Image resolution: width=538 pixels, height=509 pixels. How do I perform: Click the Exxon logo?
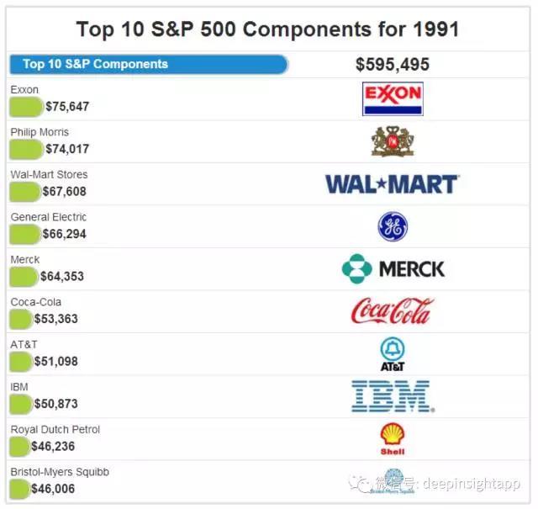point(392,98)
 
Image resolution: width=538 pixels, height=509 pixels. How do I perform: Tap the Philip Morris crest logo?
point(392,141)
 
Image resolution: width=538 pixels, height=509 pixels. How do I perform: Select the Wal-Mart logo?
point(392,183)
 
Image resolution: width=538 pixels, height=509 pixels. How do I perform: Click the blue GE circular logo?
point(393,226)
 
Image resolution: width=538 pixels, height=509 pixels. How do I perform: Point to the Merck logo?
point(393,269)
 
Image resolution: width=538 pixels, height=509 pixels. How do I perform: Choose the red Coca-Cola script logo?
point(392,311)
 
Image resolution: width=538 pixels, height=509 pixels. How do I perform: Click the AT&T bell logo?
point(392,354)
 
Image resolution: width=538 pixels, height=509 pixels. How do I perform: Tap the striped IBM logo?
point(392,396)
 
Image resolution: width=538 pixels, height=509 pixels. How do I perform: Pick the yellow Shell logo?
point(392,438)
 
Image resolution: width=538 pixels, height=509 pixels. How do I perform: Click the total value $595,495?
point(392,64)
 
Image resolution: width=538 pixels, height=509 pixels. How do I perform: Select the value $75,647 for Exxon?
point(67,107)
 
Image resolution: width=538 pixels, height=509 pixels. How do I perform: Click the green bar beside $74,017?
point(26,149)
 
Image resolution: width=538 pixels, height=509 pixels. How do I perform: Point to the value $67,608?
point(64,192)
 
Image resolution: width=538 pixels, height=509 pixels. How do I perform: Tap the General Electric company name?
point(48,217)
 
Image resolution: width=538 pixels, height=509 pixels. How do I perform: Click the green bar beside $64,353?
point(24,276)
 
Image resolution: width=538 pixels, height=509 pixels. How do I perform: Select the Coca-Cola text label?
point(35,302)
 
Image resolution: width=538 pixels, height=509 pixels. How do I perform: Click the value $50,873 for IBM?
point(55,404)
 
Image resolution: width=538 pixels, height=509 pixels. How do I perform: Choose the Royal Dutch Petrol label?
point(55,429)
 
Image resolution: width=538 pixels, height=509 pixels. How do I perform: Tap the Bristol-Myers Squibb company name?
point(59,472)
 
